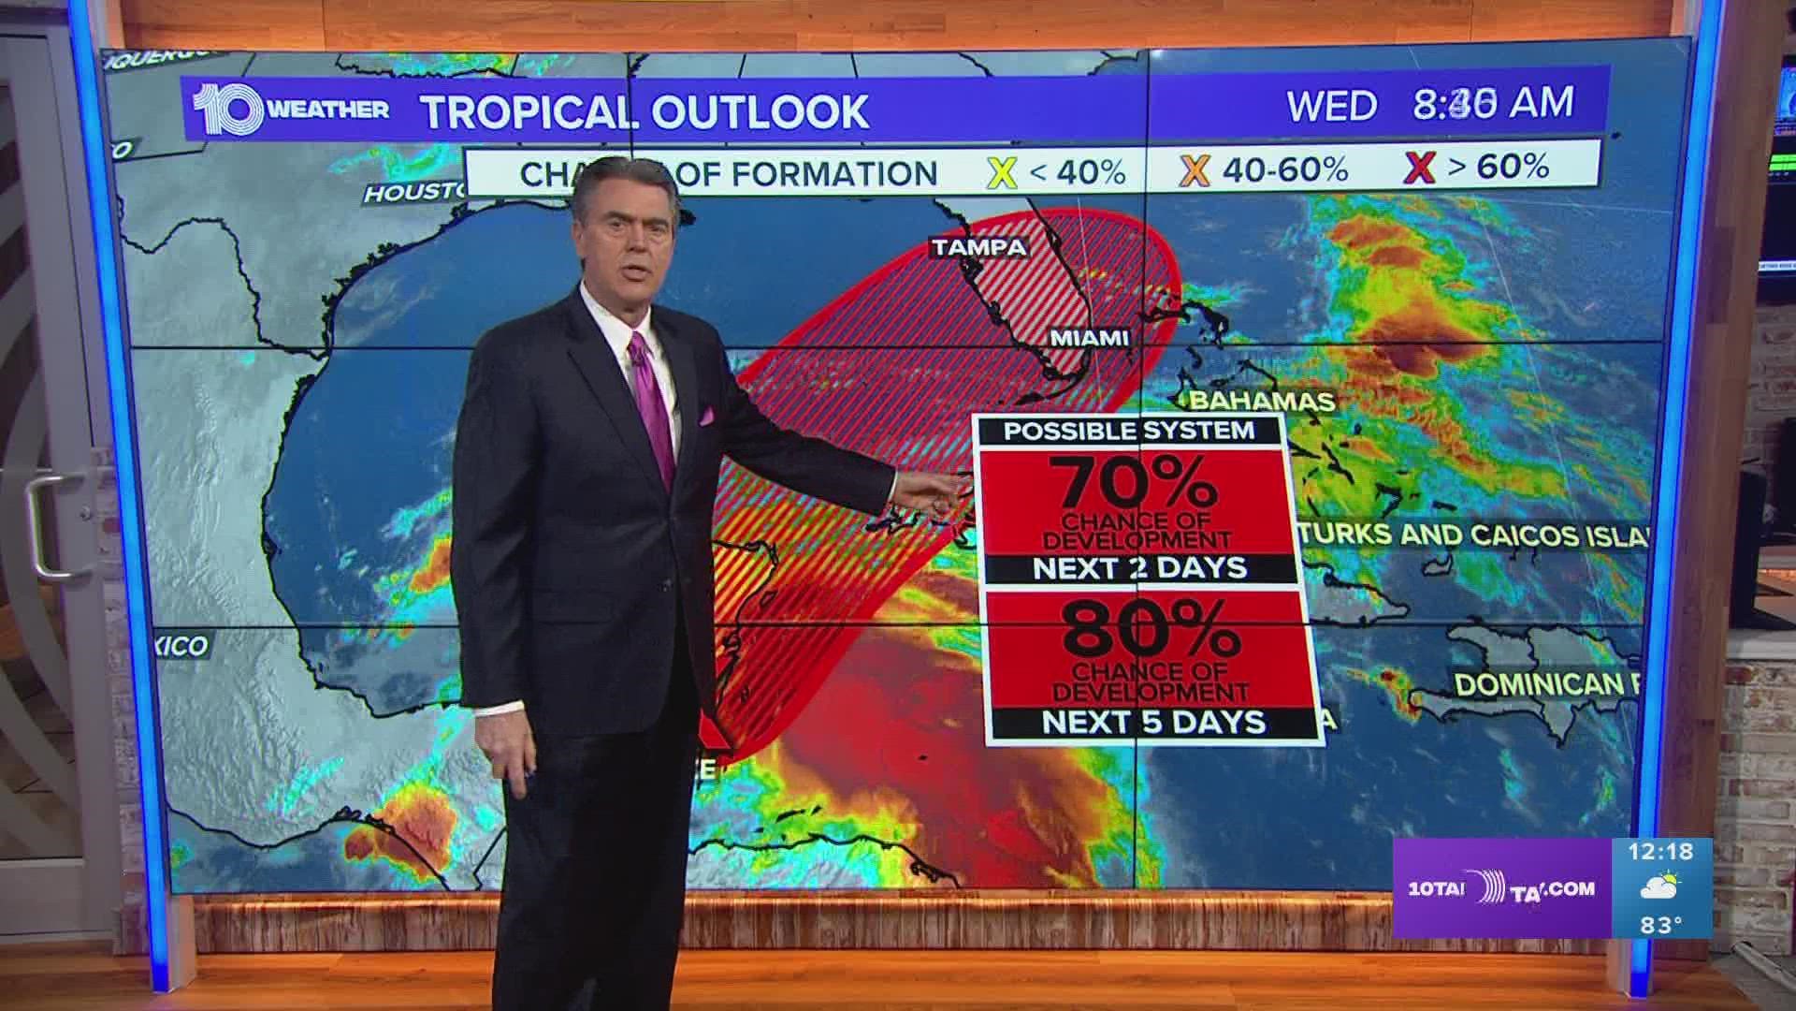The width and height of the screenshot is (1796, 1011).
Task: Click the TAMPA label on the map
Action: coord(978,247)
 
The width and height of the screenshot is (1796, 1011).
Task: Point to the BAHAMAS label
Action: coord(1261,402)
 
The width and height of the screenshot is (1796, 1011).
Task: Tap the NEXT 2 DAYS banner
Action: coord(1139,567)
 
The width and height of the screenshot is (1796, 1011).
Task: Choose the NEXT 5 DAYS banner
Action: coord(1153,722)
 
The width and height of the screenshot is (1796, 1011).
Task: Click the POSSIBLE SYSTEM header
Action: coord(1128,431)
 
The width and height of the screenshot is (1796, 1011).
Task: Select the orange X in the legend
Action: coord(1195,169)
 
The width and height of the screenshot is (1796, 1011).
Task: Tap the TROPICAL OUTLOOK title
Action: coord(645,110)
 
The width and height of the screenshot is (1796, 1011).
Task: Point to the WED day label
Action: coord(1331,106)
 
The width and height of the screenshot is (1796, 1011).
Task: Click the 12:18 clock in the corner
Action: coord(1659,853)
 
